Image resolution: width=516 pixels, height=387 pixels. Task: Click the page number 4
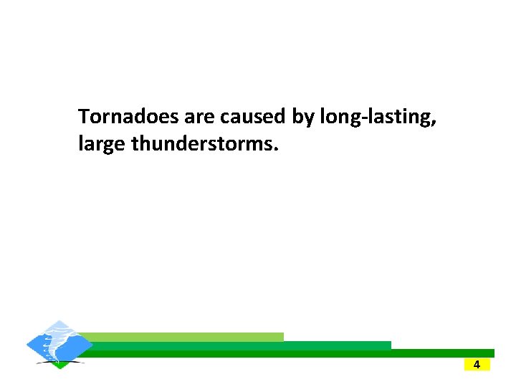pos(477,365)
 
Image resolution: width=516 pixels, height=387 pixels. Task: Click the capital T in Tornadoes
pos(84,116)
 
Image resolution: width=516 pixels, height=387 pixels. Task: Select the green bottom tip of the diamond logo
pos(60,365)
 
